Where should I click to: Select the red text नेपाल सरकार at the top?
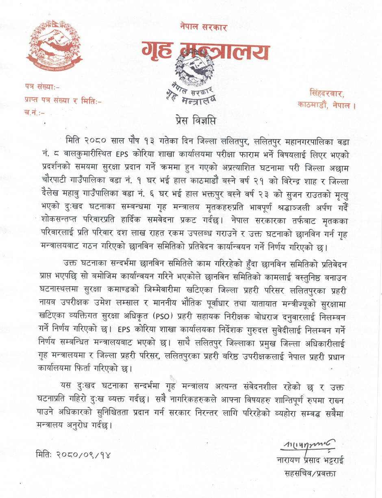click(204, 27)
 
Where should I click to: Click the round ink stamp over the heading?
click(194, 75)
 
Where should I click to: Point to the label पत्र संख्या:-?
click(44, 86)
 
